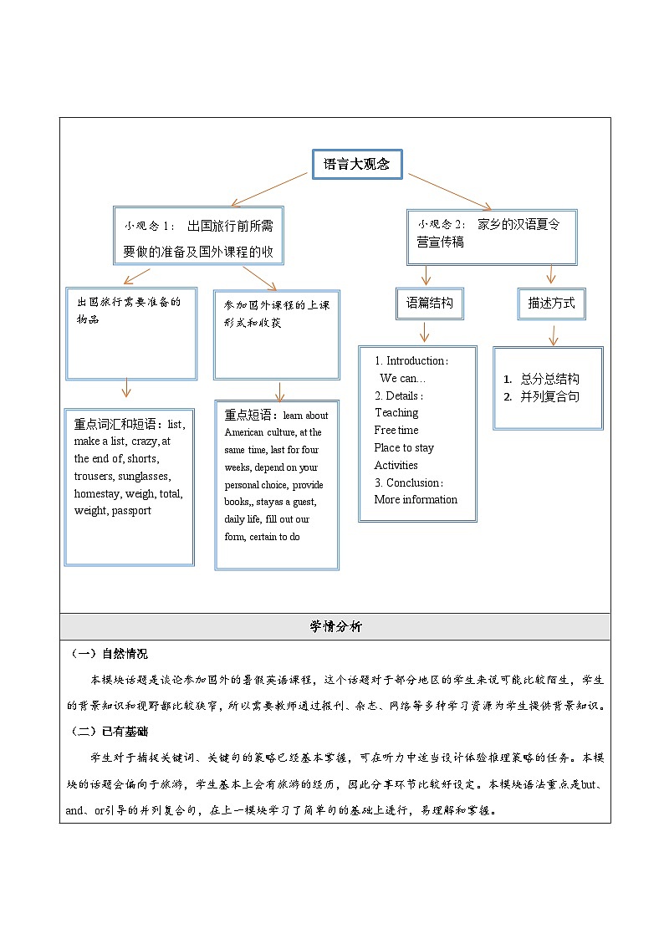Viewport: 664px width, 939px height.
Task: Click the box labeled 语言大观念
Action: (356, 165)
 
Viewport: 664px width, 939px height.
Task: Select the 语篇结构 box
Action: (429, 304)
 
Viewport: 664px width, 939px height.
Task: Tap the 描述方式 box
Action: (551, 304)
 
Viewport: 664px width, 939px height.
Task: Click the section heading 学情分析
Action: (335, 626)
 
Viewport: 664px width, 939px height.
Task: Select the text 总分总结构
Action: (549, 379)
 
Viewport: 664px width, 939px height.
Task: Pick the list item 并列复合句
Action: (549, 396)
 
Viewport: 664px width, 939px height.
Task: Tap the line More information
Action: (416, 499)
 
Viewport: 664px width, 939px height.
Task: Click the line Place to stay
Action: (404, 447)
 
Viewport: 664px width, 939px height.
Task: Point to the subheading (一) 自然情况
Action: (109, 654)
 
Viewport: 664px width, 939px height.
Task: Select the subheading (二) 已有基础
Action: (109, 732)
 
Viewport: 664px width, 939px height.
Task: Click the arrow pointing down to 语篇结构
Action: (426, 275)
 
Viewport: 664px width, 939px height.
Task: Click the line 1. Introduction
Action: (411, 360)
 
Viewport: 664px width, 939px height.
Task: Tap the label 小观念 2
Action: (442, 224)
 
